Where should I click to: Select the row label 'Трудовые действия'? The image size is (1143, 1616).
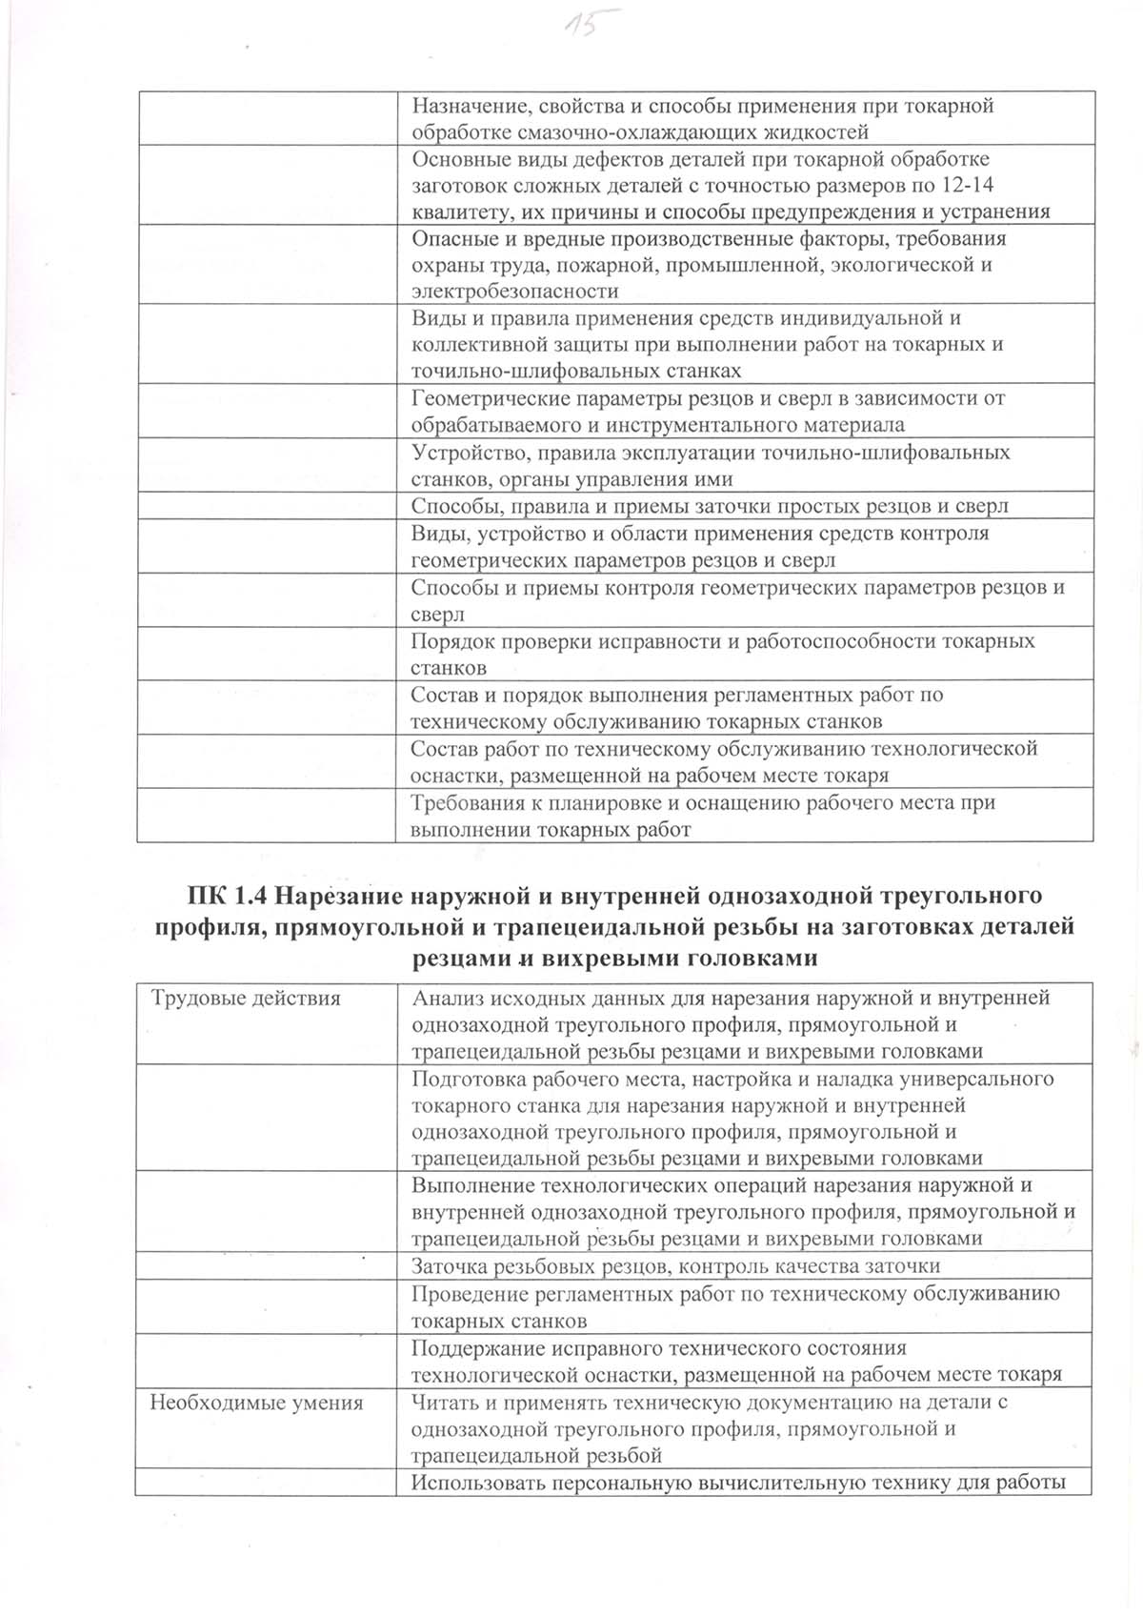(246, 999)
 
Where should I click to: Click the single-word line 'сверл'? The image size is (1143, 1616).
(437, 615)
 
